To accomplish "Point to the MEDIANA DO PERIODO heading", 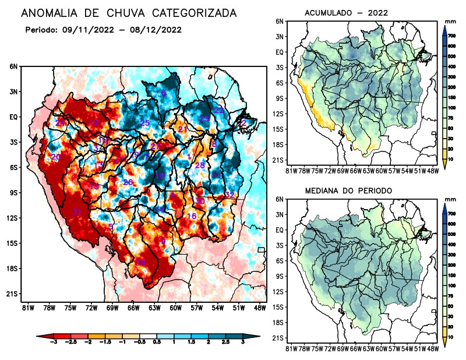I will (x=348, y=190).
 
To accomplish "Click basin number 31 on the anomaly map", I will (x=76, y=211).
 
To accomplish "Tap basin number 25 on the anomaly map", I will (x=145, y=123).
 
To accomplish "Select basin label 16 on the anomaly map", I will (x=192, y=216).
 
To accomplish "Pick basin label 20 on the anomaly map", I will (x=56, y=157).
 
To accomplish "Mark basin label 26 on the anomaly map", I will (x=128, y=182).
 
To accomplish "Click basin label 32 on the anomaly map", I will (x=230, y=194).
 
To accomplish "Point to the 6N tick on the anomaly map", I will (x=13, y=67).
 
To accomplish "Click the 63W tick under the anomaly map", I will (x=154, y=307).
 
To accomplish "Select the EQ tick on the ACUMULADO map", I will (x=280, y=52).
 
